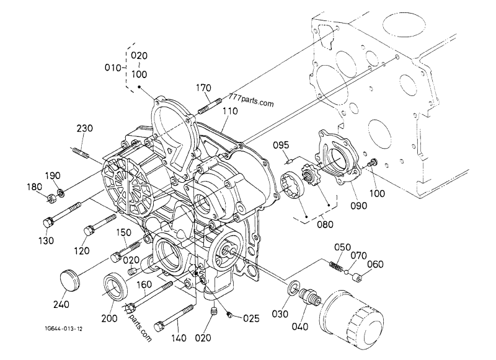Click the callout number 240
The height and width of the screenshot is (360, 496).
[x=61, y=304]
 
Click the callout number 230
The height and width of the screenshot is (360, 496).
[x=85, y=129]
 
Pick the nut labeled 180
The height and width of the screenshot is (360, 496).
[x=47, y=198]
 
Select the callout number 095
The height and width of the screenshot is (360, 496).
[x=283, y=145]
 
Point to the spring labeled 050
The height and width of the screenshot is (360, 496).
[x=335, y=266]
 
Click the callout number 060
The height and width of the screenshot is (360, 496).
[x=375, y=265]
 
